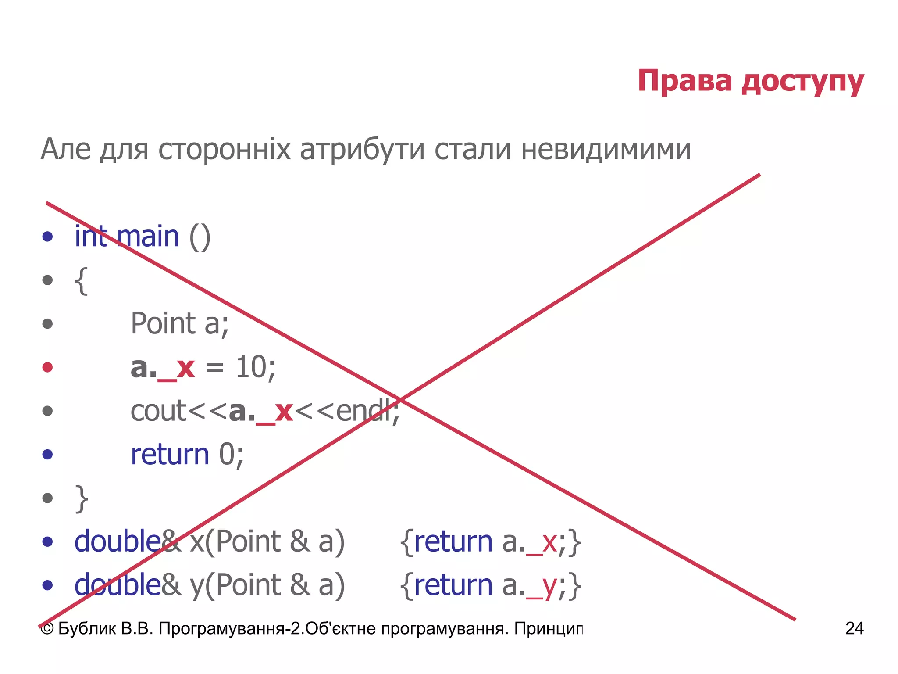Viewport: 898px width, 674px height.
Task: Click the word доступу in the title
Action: (x=803, y=82)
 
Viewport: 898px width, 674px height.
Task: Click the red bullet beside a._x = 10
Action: (x=47, y=367)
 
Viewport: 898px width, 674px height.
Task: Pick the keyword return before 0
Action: (x=170, y=454)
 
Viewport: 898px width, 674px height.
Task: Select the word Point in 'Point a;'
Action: (x=163, y=323)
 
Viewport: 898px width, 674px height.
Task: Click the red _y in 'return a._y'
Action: (x=542, y=587)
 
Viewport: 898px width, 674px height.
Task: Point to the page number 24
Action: (x=854, y=628)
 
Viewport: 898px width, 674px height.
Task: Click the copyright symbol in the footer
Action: (x=47, y=629)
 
